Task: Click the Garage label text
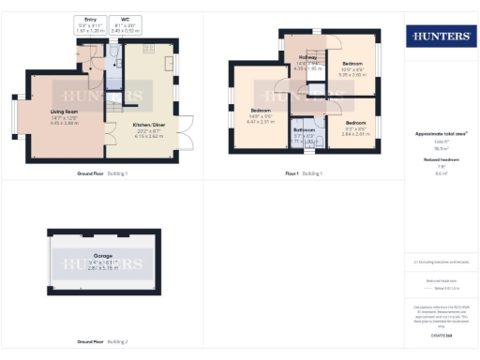coord(102,255)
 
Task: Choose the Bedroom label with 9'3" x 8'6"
coord(355,124)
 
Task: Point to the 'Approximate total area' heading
coord(440,134)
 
